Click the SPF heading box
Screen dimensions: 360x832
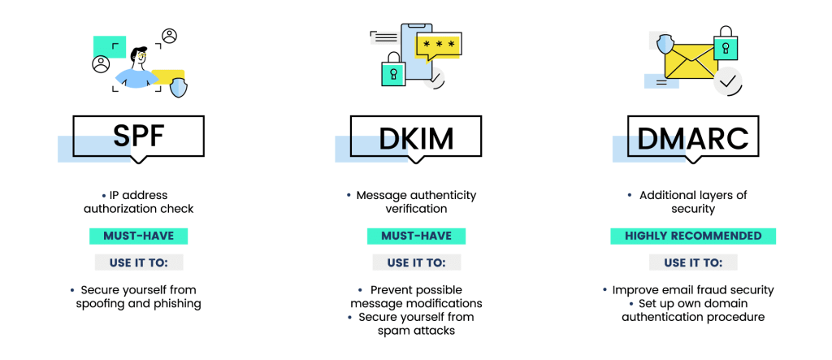point(138,137)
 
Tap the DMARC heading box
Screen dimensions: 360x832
point(693,137)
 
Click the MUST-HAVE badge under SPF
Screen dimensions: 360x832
point(138,236)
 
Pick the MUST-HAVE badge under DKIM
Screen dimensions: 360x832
point(416,236)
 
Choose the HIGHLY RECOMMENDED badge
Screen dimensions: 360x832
point(693,236)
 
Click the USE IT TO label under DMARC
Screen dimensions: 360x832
point(693,262)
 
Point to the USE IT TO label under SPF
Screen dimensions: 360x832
point(138,262)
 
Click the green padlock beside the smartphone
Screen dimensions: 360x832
point(393,72)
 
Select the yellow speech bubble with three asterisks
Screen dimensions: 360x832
point(438,46)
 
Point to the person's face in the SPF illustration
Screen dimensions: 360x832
point(140,58)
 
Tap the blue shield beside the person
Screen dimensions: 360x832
point(178,87)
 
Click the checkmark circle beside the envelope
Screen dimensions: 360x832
point(728,81)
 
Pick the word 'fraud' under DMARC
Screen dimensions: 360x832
point(709,290)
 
